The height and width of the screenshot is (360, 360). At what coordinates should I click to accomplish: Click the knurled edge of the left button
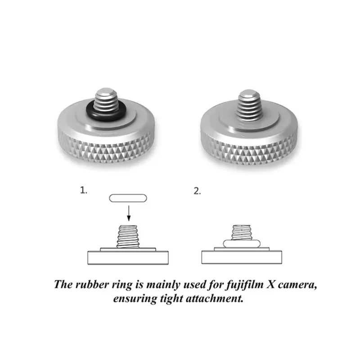point(107,149)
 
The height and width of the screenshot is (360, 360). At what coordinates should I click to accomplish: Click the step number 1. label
point(84,190)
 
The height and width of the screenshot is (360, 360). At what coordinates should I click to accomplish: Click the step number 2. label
point(197,191)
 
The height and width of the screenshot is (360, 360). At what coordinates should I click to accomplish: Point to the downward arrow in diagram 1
point(129,213)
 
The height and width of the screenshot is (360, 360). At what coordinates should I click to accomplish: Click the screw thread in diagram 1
point(128,237)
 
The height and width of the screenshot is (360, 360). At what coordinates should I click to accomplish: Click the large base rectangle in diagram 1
point(128,258)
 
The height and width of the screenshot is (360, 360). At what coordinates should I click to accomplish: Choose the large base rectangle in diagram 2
point(242,257)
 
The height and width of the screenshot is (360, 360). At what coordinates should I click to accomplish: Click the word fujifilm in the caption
point(245,285)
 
